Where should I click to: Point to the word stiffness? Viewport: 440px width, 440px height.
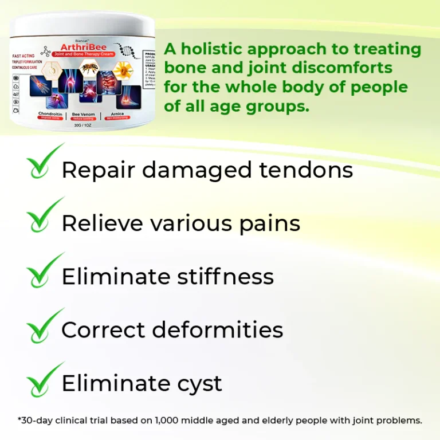225,277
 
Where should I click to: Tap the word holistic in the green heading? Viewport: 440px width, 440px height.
216,49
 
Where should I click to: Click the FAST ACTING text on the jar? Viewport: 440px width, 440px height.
23,56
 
